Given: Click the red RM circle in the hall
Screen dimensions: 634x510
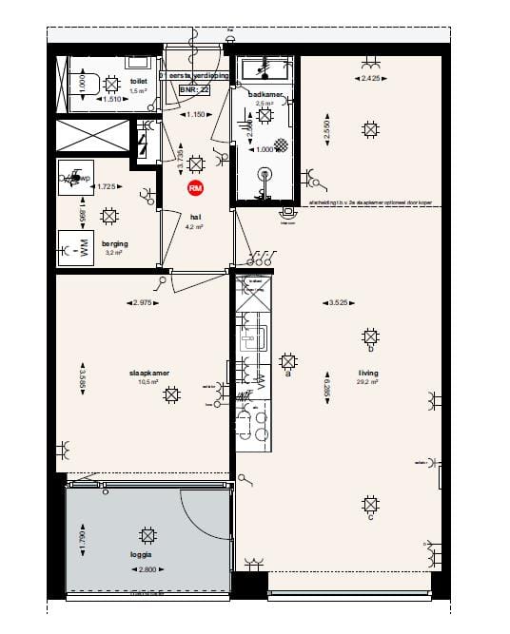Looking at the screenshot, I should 196,188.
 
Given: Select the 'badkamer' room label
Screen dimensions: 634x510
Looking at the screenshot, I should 262,94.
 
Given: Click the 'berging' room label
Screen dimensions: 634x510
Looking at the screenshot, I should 116,243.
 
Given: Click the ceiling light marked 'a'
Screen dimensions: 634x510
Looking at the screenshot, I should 288,361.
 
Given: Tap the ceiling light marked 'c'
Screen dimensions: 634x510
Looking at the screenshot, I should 371,505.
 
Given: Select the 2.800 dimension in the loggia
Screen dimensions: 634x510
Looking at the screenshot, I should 147,570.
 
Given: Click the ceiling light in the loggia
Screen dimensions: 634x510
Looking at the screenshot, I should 147,534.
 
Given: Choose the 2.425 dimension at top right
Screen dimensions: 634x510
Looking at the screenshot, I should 371,78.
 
